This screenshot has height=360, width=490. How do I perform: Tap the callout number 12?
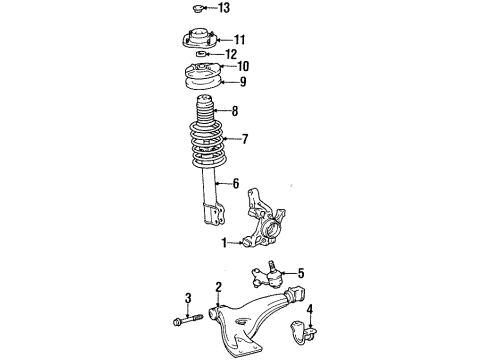(x=231, y=54)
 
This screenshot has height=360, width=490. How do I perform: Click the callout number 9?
(x=240, y=81)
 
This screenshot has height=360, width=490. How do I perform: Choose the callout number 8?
(x=235, y=112)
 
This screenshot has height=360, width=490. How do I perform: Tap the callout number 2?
(x=217, y=288)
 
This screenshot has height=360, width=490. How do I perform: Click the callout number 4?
(x=310, y=308)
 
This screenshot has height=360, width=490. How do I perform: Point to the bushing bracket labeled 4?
(x=300, y=328)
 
